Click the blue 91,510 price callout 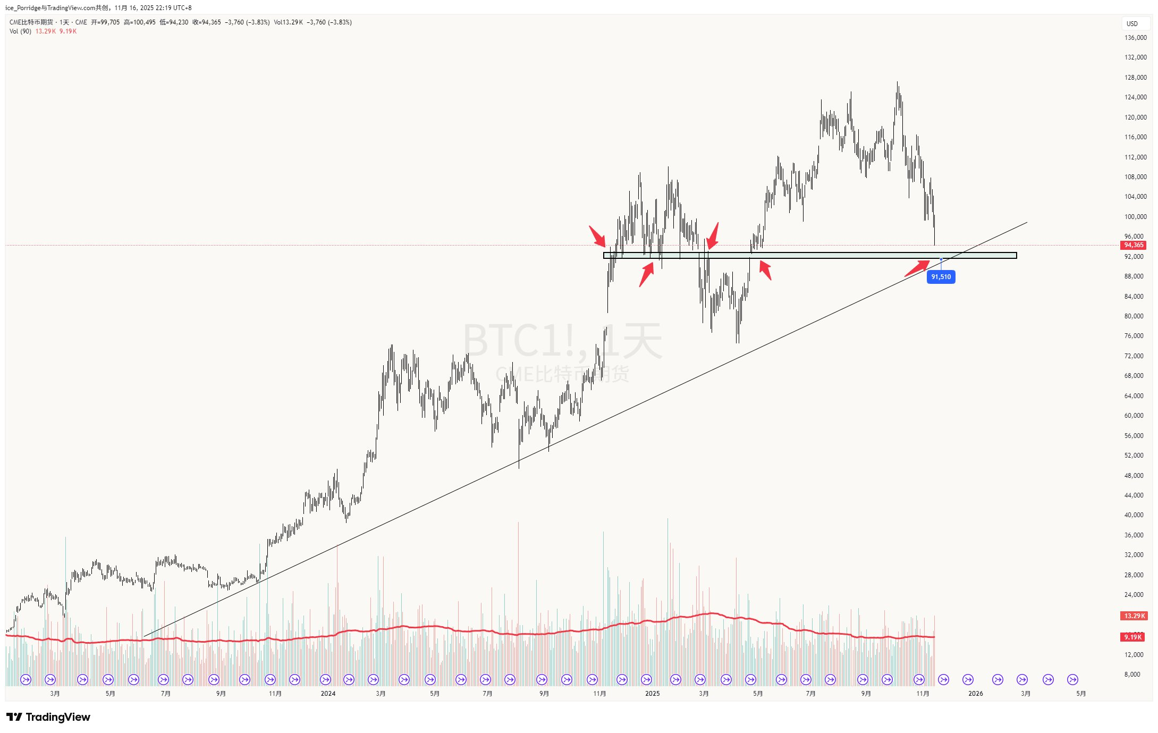(941, 277)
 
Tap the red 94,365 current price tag (1134, 245)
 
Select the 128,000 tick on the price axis (1135, 78)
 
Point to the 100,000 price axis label (1135, 217)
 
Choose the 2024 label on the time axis (328, 694)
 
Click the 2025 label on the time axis (652, 694)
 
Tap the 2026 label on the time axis (975, 694)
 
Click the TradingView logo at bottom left (48, 717)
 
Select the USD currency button (1132, 23)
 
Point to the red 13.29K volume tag (1134, 616)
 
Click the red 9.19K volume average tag (1133, 637)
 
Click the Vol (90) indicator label (20, 31)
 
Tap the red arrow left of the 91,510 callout (917, 268)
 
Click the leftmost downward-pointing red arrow (597, 237)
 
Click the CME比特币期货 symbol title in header (31, 22)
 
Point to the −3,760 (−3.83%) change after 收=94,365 (247, 22)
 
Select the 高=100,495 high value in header (140, 22)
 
